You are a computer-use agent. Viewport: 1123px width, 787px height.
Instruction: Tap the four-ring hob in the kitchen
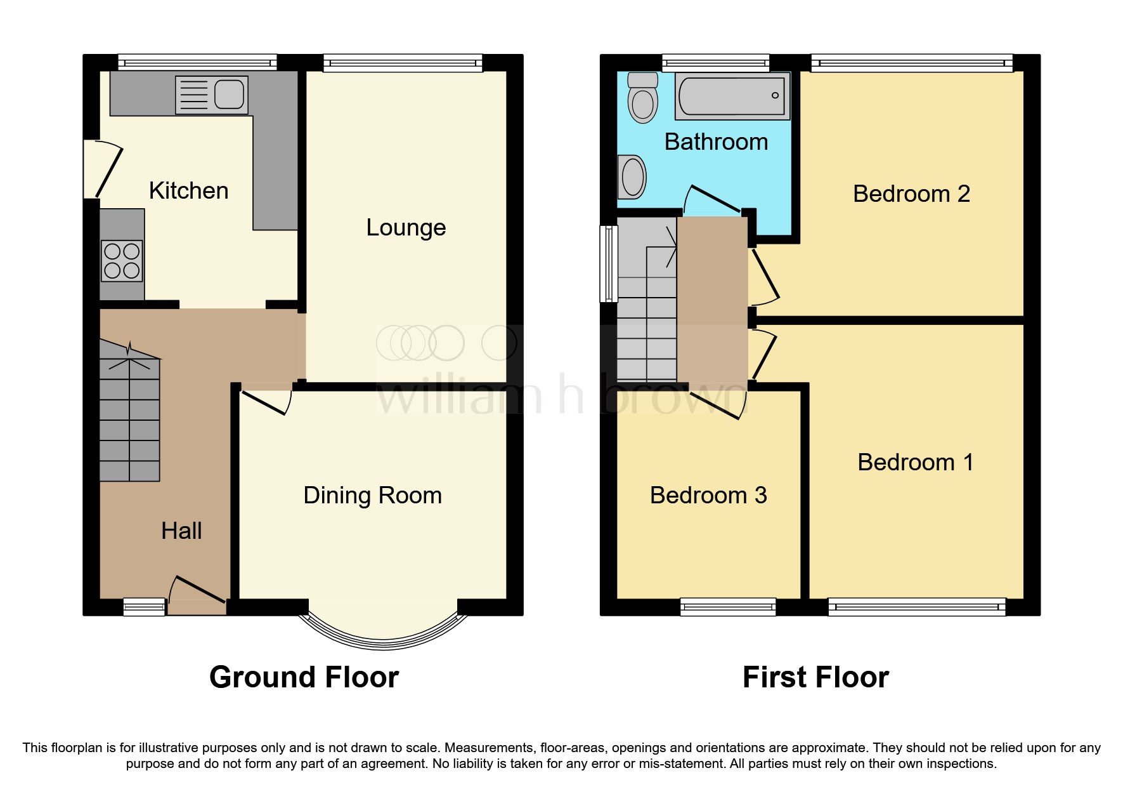pyautogui.click(x=122, y=261)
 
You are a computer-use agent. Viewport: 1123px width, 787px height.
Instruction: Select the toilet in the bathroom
pyautogui.click(x=643, y=98)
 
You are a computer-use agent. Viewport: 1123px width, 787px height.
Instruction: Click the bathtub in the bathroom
pyautogui.click(x=732, y=96)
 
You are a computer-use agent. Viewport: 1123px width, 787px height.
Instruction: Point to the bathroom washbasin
pyautogui.click(x=632, y=177)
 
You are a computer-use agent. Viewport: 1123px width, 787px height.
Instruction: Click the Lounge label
pyautogui.click(x=406, y=227)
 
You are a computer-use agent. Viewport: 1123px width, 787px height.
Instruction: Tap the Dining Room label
pyautogui.click(x=372, y=495)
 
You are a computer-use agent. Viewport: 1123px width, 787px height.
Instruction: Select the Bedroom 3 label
pyautogui.click(x=708, y=495)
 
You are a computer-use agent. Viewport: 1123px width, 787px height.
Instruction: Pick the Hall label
pyautogui.click(x=181, y=531)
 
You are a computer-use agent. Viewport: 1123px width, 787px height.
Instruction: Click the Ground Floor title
pyautogui.click(x=304, y=677)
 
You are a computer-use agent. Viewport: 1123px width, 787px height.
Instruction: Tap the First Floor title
pyautogui.click(x=815, y=677)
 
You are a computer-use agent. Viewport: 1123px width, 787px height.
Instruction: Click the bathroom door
pyautogui.click(x=713, y=199)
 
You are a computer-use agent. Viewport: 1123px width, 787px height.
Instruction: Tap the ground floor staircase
pyautogui.click(x=129, y=419)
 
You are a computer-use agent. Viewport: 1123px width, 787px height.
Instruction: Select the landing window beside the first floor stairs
pyautogui.click(x=609, y=263)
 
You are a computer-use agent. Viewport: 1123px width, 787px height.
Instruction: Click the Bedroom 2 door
pyautogui.click(x=764, y=277)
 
